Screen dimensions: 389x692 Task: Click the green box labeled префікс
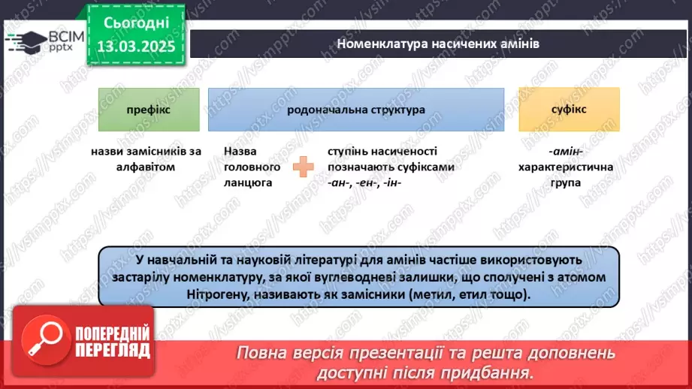pyautogui.click(x=149, y=110)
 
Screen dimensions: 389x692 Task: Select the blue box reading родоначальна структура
pyautogui.click(x=355, y=110)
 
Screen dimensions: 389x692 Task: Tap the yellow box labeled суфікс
pyautogui.click(x=569, y=110)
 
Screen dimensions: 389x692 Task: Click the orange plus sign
pyautogui.click(x=304, y=167)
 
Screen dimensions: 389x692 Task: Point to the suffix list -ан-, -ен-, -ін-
pyautogui.click(x=361, y=182)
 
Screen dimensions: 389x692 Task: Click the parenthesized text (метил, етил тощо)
pyautogui.click(x=466, y=294)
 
